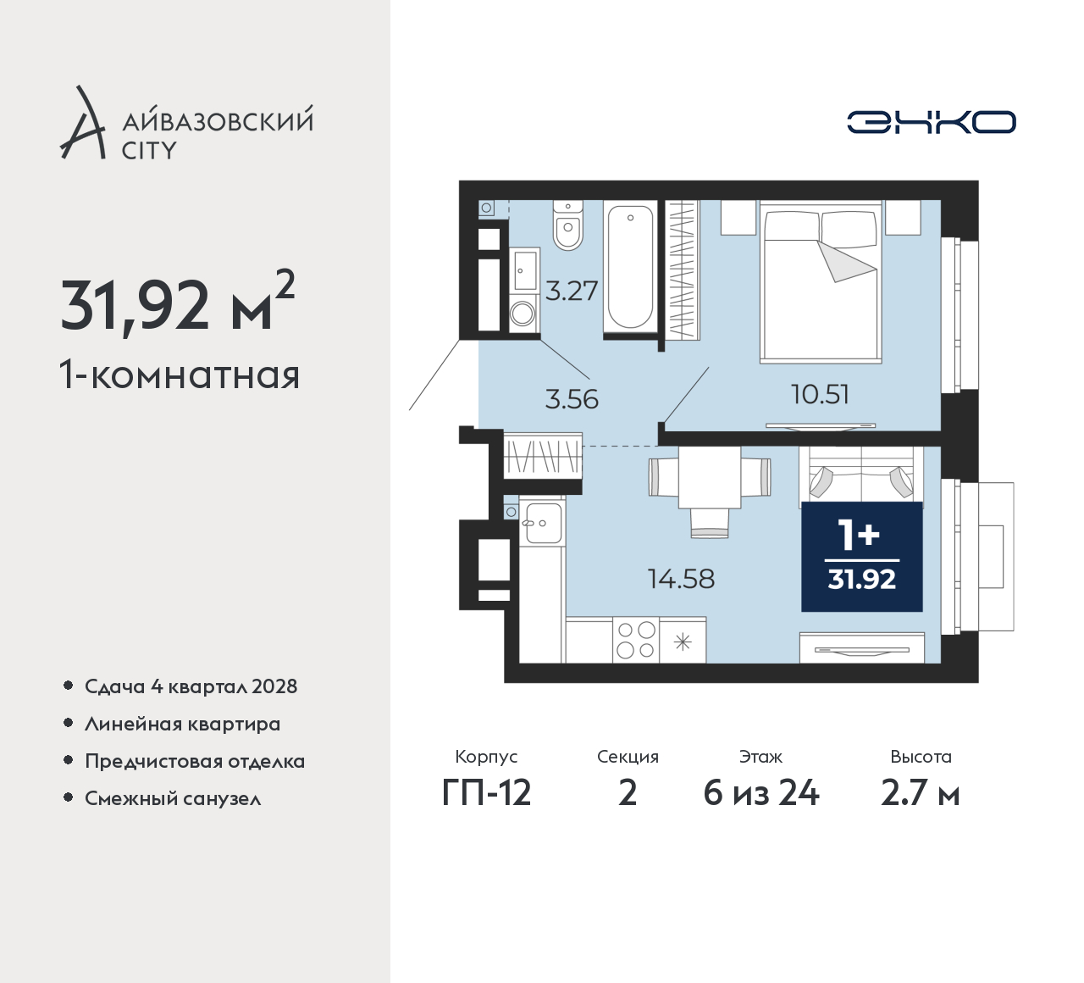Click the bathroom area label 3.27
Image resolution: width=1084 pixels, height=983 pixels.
coord(571,291)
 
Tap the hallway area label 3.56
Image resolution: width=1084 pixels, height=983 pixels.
coord(572,400)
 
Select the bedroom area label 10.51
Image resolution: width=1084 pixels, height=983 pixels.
coord(821,394)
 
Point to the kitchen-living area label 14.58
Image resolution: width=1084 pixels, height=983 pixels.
coord(681,579)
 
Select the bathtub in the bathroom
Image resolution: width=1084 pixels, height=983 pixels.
coord(630,268)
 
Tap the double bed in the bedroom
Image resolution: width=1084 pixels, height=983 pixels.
coord(821,281)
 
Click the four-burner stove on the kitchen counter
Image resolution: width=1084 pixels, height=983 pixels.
coord(636,640)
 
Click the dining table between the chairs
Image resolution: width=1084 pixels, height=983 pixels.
coord(709,477)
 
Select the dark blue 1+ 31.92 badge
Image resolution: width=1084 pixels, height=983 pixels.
coord(862,557)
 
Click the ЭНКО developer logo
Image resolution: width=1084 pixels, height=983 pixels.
coord(931,122)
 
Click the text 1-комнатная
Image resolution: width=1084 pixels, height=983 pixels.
coord(180,375)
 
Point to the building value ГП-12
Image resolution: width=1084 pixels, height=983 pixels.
coord(486,793)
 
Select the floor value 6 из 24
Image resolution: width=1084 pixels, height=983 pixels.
coord(761,793)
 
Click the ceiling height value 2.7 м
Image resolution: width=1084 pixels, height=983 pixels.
coord(921,793)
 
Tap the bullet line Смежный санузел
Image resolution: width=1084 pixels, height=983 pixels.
coord(173,798)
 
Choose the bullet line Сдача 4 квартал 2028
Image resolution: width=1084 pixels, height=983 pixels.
coord(191,686)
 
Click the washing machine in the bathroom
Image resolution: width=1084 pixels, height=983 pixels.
coord(523,314)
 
